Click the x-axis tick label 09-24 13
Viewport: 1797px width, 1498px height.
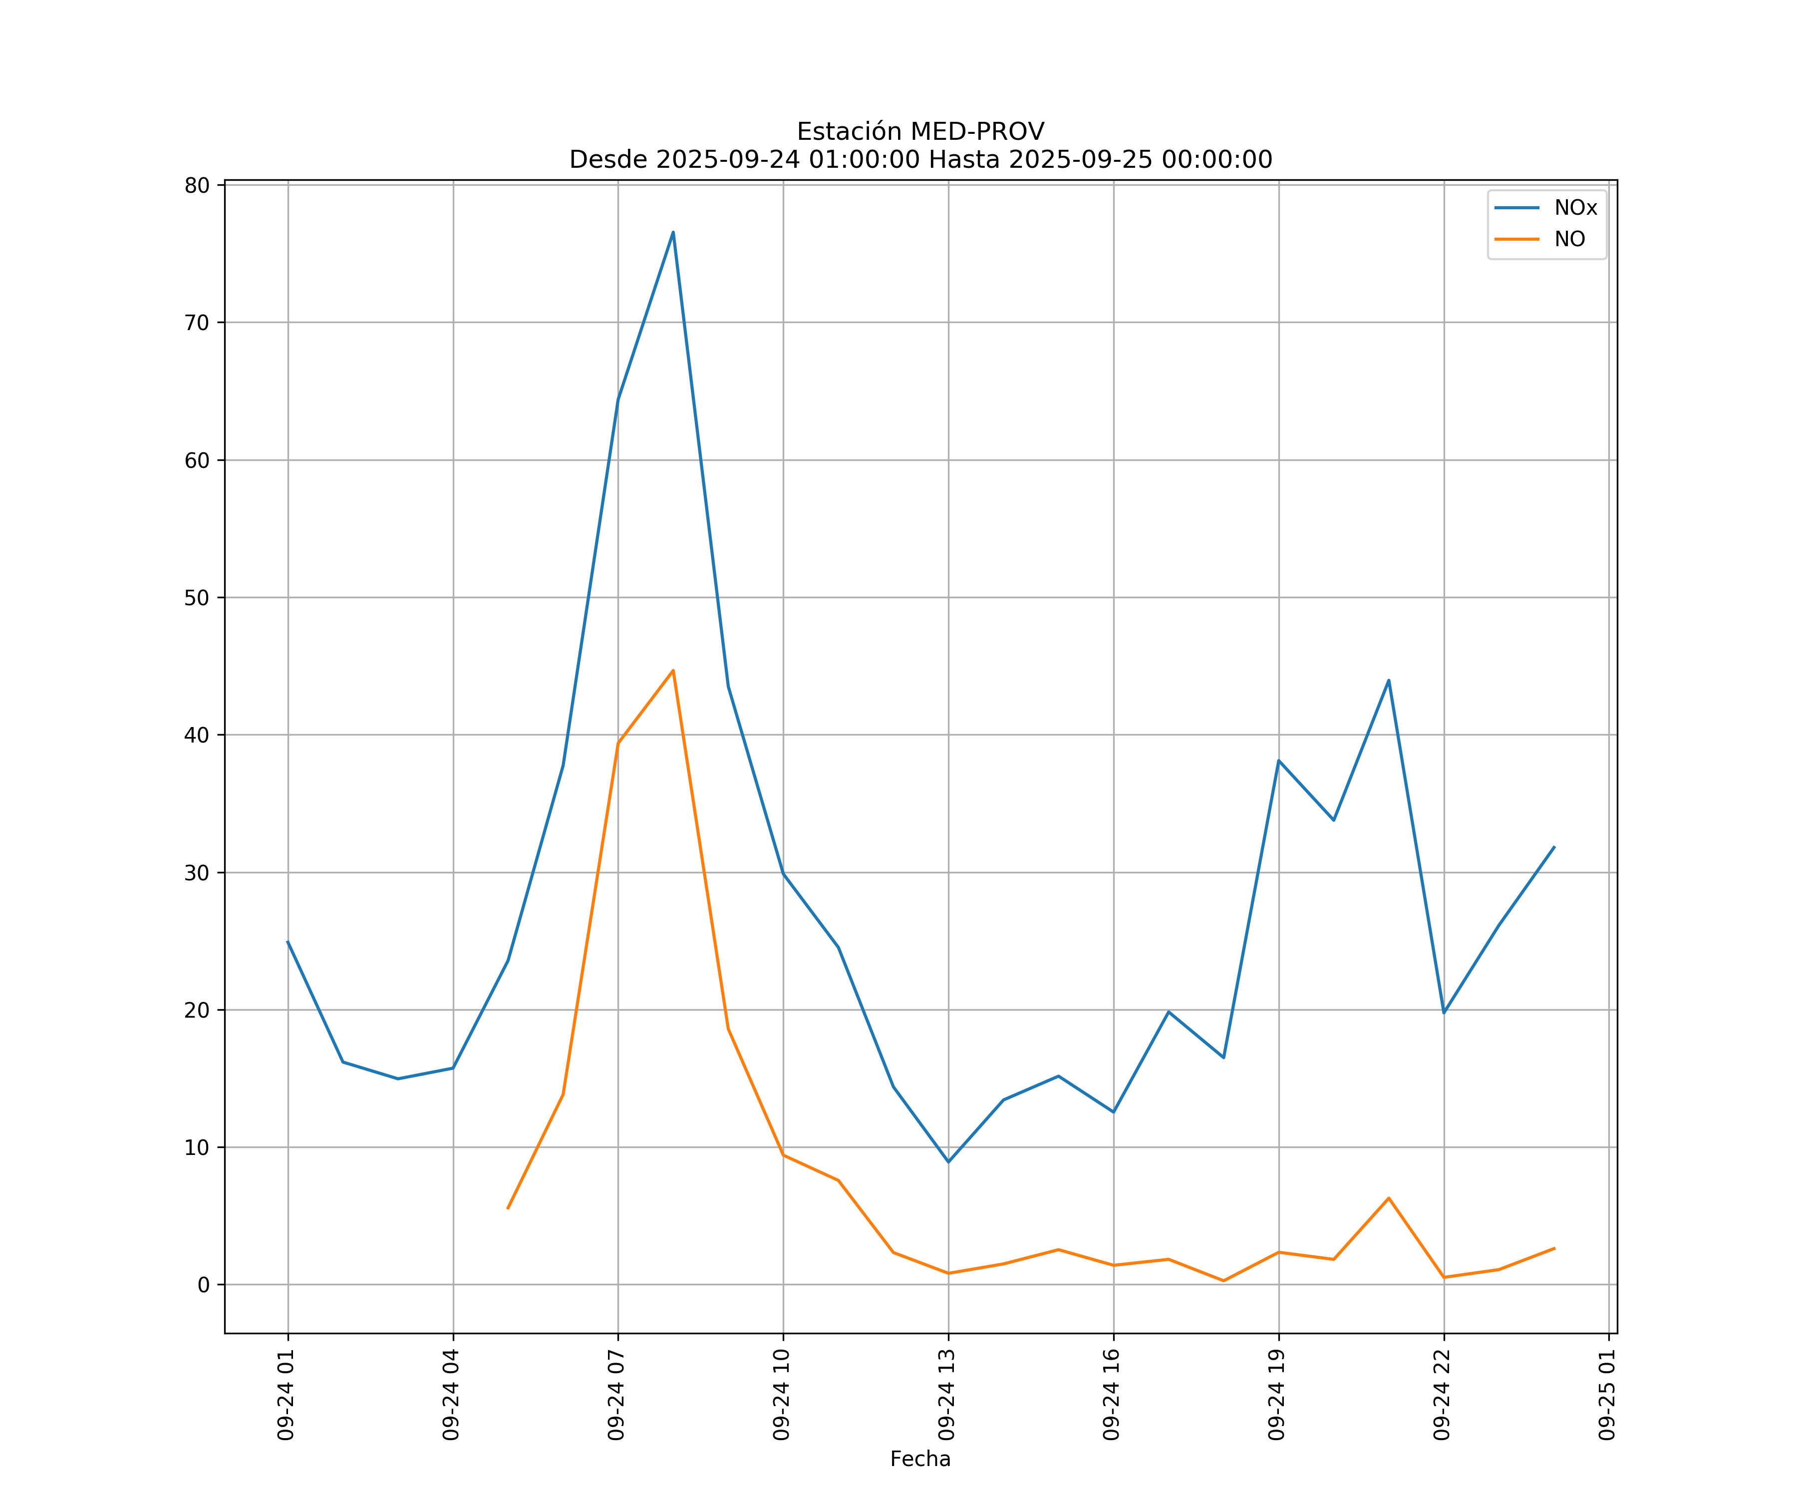point(946,1395)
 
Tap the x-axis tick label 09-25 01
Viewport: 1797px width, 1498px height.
point(1607,1395)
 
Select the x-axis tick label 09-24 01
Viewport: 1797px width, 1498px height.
point(286,1395)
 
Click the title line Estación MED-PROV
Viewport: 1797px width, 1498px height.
point(920,132)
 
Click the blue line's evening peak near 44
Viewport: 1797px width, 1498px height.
point(1389,681)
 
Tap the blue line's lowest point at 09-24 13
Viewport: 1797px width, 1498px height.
point(948,1161)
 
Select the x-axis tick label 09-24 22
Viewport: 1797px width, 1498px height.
point(1442,1395)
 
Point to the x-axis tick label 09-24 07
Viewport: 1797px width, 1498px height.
point(616,1395)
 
